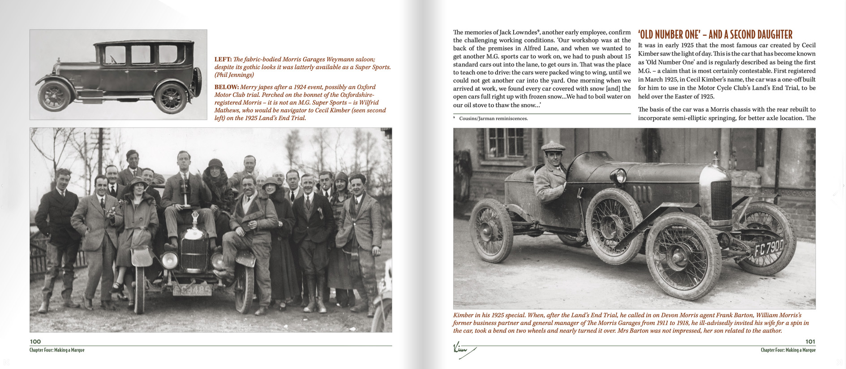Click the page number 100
tap(35, 342)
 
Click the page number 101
tap(810, 342)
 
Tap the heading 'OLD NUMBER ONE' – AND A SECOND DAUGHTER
tap(715, 35)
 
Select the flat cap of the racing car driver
tap(554, 146)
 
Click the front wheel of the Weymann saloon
tap(55, 96)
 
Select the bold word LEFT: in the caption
tap(223, 59)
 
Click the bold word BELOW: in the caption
tap(226, 87)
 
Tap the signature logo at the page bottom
tap(463, 349)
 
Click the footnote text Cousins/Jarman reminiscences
tap(493, 119)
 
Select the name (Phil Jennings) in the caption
tap(234, 75)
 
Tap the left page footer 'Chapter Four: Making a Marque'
tap(57, 350)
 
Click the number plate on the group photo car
tap(192, 291)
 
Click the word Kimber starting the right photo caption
tap(464, 315)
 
